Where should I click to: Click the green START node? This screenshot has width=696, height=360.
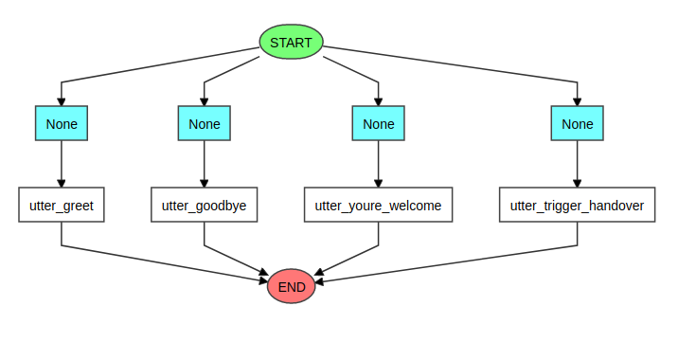click(x=292, y=42)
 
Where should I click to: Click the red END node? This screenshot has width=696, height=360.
click(x=292, y=286)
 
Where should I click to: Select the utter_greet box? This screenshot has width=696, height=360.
click(x=62, y=205)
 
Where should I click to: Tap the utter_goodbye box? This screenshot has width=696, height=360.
click(x=205, y=205)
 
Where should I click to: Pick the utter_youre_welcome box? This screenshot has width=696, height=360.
click(x=378, y=205)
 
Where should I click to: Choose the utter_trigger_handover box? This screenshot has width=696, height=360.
click(x=577, y=205)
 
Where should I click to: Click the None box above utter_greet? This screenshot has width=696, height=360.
click(x=62, y=123)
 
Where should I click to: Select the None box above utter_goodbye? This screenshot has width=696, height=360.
click(x=205, y=123)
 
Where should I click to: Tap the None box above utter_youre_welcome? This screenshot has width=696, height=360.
click(x=378, y=123)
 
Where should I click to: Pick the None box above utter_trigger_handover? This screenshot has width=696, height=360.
click(x=577, y=123)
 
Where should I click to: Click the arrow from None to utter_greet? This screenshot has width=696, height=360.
click(x=62, y=163)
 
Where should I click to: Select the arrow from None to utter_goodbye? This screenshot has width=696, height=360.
click(x=205, y=163)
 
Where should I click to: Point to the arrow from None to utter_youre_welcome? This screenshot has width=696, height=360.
click(x=378, y=163)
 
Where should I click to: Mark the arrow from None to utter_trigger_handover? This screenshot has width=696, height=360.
click(x=577, y=163)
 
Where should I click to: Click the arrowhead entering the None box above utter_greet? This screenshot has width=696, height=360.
click(x=62, y=100)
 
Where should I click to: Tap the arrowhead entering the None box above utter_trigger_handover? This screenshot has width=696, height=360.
click(x=577, y=100)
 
